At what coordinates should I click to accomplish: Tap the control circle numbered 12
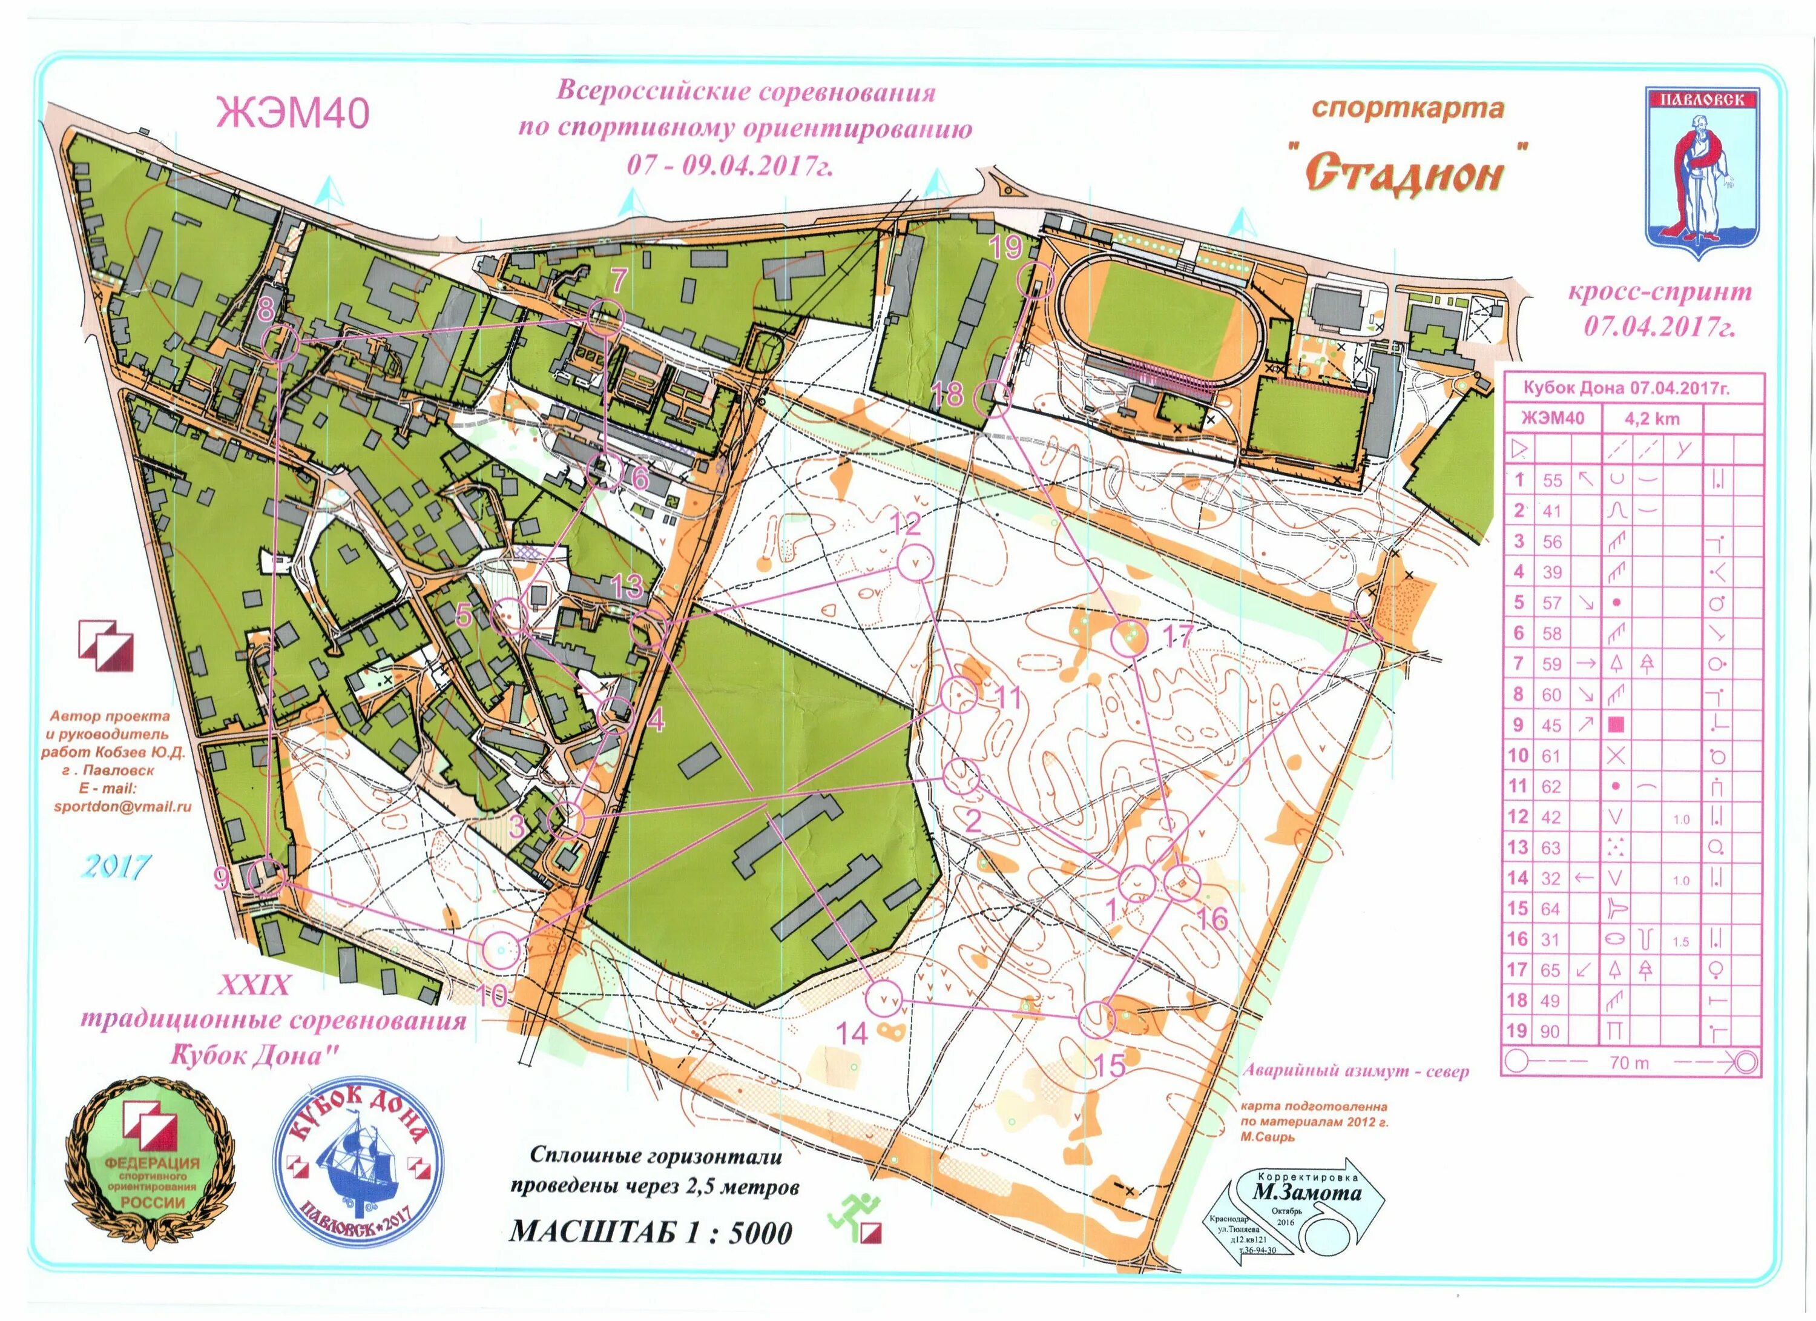(x=913, y=561)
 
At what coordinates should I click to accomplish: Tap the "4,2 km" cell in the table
(x=1651, y=418)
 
